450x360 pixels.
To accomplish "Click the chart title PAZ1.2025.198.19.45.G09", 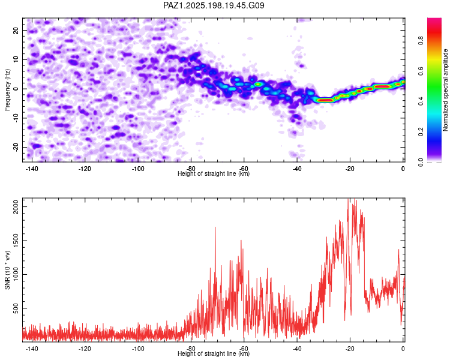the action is tap(214, 5).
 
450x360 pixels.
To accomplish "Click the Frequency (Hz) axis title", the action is tap(7, 90).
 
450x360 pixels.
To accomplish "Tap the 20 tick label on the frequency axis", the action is tap(16, 31).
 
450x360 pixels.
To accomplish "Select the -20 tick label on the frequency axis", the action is tap(16, 147).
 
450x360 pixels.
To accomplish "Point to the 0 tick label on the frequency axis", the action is tap(16, 89).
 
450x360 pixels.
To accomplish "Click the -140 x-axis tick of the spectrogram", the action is tap(32, 169).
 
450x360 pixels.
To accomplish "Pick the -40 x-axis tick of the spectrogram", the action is tap(297, 169).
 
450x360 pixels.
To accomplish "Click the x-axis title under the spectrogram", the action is tap(214, 173).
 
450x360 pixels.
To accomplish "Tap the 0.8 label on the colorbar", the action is tap(421, 40).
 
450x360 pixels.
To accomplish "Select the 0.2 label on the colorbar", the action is tap(421, 132).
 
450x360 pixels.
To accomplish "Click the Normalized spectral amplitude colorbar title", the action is tap(445, 90).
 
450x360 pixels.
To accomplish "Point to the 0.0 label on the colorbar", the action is tap(421, 162).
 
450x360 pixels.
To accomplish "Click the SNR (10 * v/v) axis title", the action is tap(7, 270).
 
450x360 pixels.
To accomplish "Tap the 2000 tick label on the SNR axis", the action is tap(16, 206).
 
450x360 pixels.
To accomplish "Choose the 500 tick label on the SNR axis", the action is tap(16, 308).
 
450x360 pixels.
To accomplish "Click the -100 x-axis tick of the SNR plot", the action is tap(138, 349).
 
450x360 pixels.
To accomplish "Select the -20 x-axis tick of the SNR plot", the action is tap(350, 349).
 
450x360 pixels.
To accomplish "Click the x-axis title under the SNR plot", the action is tap(214, 353).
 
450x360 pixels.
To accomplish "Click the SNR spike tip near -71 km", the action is tap(215, 227).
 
